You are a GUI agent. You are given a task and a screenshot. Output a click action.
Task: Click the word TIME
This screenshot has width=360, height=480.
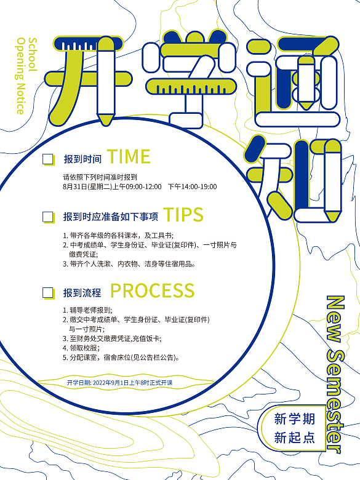[129, 157]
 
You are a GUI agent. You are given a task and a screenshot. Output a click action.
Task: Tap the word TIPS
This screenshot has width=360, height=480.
[183, 215]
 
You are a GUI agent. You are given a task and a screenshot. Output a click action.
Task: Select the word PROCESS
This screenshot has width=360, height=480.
[152, 290]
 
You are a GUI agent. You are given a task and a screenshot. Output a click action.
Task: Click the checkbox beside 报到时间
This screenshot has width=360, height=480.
[47, 159]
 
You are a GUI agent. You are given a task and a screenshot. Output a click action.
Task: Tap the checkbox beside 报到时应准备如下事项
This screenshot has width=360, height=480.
[47, 217]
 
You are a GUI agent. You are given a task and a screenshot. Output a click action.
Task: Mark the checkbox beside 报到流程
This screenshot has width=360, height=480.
[47, 294]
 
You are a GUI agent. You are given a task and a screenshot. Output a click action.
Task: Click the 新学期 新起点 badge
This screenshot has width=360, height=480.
[295, 428]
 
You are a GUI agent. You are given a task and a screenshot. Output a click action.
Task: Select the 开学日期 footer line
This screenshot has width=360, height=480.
[120, 382]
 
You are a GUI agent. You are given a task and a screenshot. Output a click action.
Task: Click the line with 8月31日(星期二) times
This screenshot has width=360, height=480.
[140, 186]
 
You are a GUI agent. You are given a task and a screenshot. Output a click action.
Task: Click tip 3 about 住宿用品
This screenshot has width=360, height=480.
[129, 263]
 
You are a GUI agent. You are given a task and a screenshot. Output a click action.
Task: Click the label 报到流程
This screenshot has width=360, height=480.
[82, 294]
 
